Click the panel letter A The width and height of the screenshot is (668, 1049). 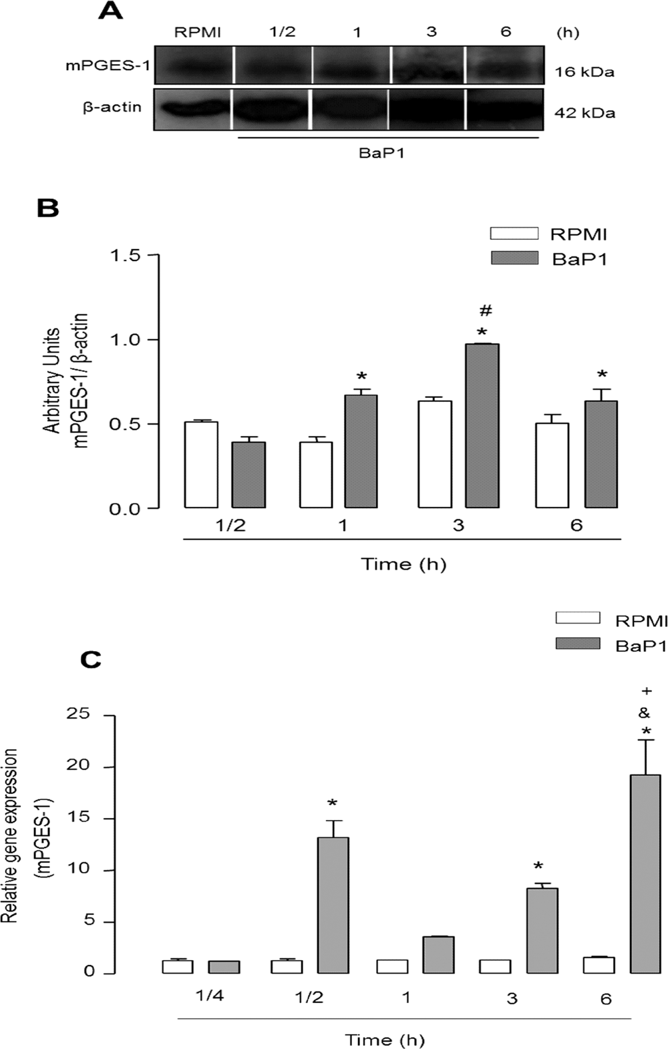tap(110, 11)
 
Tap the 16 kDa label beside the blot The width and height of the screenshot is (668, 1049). tap(584, 71)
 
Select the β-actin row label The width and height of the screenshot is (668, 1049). tap(112, 107)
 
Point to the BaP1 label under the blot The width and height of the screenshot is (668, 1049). tap(381, 153)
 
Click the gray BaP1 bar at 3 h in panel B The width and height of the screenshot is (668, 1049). tap(482, 426)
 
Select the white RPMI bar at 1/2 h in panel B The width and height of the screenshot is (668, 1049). tap(201, 464)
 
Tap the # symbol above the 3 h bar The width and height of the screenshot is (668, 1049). tap(486, 310)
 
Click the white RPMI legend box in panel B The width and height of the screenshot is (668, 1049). tap(514, 233)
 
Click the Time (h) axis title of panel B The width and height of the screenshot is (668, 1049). tap(403, 564)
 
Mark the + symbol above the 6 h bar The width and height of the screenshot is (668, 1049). tap(645, 691)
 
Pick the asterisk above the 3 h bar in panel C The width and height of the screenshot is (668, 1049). tap(538, 867)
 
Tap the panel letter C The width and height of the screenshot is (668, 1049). tap(90, 660)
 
